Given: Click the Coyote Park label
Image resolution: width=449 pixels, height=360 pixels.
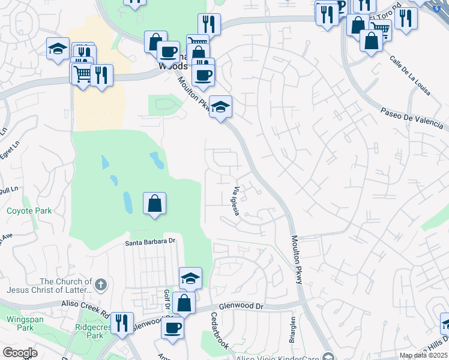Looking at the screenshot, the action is pos(29,211).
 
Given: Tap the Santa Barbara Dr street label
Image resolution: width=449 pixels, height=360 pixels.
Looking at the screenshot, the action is pos(149,242).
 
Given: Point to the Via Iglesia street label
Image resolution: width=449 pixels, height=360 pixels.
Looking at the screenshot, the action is pos(235,202).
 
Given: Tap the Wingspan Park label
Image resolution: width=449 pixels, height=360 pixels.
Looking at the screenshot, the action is pos(21,323).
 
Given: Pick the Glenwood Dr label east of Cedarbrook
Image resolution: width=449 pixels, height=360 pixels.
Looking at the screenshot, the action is pos(241,307).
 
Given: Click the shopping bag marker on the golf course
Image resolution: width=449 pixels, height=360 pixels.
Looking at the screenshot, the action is pos(154,203).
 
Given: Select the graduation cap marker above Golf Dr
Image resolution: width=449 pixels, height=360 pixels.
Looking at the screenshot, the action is pos(190,277).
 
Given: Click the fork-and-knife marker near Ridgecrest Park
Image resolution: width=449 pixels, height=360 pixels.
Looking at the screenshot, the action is pos(122,322).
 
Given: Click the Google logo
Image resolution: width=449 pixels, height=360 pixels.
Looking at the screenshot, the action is pos(20,352).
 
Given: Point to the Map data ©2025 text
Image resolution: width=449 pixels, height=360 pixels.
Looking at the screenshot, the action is pos(423,355).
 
